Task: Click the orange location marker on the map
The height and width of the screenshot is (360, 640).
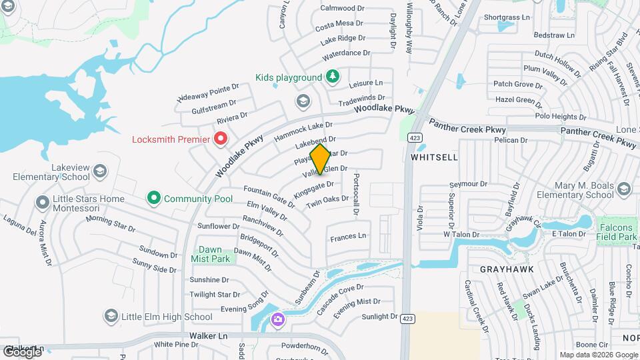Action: [320, 159]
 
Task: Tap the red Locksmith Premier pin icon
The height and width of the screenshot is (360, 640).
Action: [221, 139]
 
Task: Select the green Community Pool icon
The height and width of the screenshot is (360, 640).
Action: [155, 198]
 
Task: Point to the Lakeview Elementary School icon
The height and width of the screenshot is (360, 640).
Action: [100, 171]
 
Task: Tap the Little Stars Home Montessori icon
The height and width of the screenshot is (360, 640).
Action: [42, 201]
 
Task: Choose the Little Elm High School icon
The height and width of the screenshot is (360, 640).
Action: [111, 316]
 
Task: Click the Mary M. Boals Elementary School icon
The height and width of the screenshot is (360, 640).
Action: [623, 189]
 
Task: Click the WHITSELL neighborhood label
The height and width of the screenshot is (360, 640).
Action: [434, 157]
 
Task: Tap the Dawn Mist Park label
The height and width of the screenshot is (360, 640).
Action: [210, 254]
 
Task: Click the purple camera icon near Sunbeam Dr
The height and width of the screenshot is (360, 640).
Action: [277, 320]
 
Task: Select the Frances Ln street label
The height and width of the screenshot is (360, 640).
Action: [348, 236]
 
